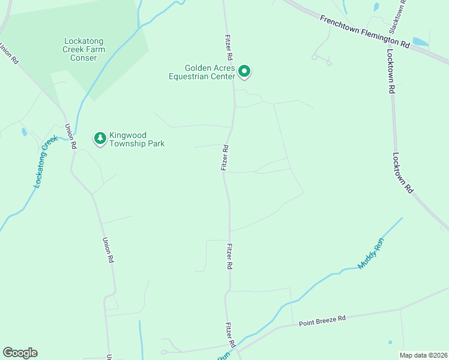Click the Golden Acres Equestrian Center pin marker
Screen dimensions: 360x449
[x=244, y=71]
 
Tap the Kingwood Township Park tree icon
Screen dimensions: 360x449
[x=99, y=139]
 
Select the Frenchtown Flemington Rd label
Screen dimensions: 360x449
[x=364, y=32]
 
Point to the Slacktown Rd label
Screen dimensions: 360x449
[x=397, y=16]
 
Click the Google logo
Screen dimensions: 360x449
[x=20, y=353]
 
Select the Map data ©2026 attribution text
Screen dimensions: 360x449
[x=423, y=355]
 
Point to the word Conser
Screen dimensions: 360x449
[x=83, y=58]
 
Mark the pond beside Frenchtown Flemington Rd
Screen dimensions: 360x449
[x=420, y=42]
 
